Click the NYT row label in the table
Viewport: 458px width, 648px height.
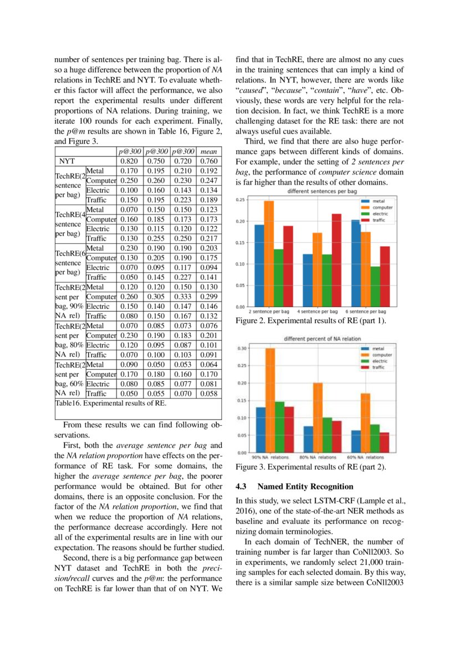(68, 161)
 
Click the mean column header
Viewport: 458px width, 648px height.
(210, 151)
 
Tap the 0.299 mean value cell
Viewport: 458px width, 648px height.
(210, 297)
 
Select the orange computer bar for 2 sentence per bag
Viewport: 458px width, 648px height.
(269, 253)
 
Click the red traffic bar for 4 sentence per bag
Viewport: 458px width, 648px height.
(336, 260)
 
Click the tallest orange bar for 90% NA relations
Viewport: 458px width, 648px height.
(270, 400)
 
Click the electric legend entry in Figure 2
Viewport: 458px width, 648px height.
(380, 213)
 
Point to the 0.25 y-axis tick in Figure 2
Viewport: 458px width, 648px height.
(240, 200)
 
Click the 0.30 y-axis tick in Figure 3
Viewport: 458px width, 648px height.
(242, 348)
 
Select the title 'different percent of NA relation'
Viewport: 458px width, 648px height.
(322, 339)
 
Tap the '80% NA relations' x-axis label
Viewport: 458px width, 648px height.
(318, 457)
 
